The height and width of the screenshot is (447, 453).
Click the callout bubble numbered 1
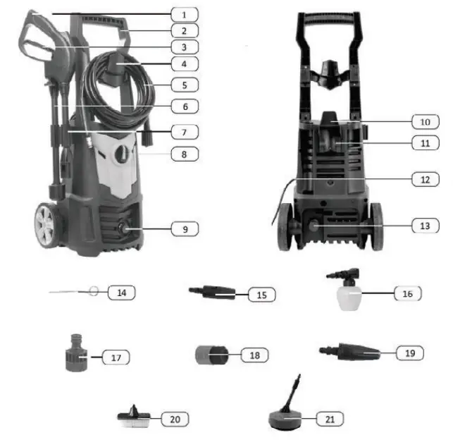point(184,13)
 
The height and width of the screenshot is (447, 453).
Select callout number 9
point(184,228)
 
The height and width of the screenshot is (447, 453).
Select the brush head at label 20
point(135,418)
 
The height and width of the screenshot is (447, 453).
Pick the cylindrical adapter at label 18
point(209,354)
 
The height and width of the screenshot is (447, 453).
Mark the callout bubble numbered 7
point(184,132)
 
